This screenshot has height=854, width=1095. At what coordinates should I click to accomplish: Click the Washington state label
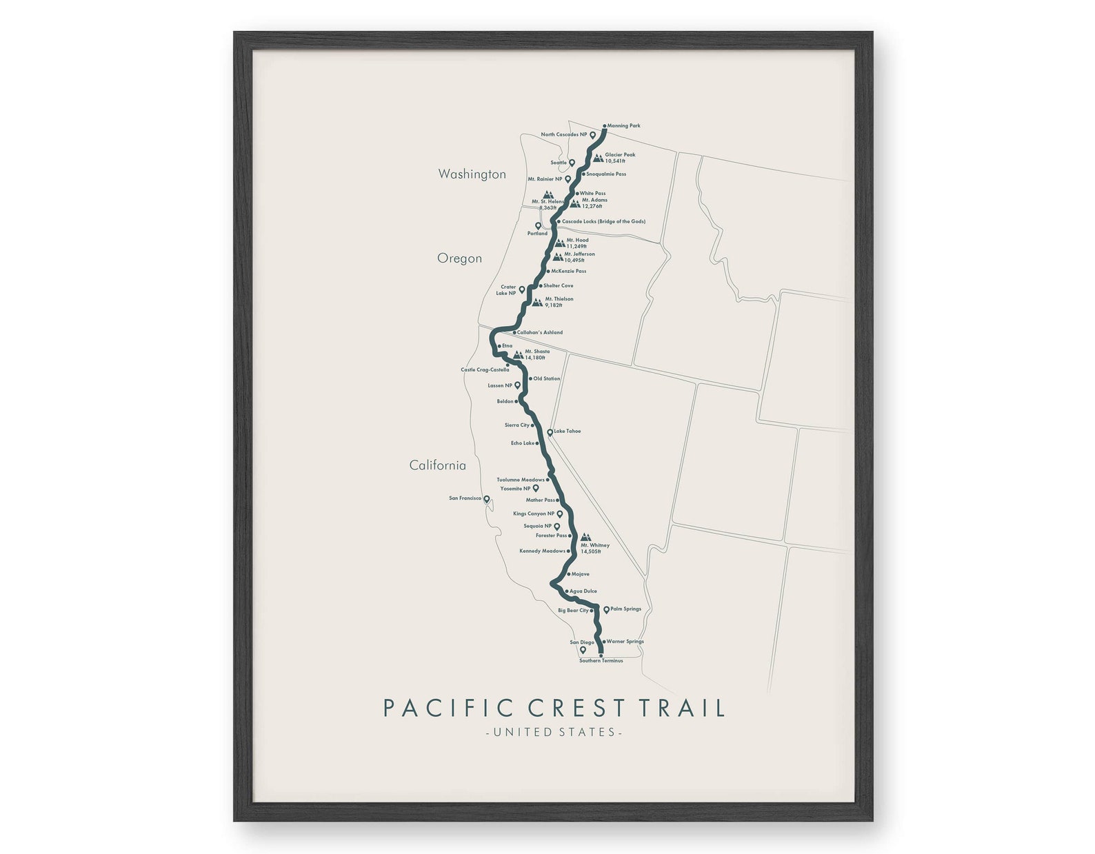click(x=472, y=174)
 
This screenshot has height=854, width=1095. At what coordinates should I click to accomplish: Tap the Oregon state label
click(x=459, y=258)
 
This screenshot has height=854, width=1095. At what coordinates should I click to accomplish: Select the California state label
click(x=437, y=465)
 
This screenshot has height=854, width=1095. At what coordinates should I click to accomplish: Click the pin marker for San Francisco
click(x=486, y=499)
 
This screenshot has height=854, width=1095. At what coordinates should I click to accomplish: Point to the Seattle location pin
click(x=572, y=163)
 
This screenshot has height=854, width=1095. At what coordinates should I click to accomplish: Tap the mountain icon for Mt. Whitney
click(x=585, y=537)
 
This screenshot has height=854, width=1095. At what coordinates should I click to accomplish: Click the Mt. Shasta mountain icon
click(x=518, y=354)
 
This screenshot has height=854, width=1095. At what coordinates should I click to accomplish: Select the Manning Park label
click(x=623, y=126)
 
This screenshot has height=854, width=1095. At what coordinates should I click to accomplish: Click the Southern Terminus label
click(x=601, y=661)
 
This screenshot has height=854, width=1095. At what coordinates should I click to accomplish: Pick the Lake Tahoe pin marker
click(x=550, y=432)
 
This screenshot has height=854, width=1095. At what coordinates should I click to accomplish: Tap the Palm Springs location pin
click(x=606, y=609)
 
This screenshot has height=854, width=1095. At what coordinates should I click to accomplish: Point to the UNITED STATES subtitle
click(x=554, y=732)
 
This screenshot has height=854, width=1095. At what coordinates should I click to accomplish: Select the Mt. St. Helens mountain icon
click(x=548, y=195)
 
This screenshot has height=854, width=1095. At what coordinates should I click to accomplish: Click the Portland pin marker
click(x=538, y=225)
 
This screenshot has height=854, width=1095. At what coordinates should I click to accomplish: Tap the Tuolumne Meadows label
click(x=521, y=480)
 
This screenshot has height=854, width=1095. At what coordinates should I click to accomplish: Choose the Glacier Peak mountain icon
click(x=598, y=158)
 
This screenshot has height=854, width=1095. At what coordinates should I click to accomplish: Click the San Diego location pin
click(x=583, y=649)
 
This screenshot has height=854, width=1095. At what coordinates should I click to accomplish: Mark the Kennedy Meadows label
click(x=542, y=551)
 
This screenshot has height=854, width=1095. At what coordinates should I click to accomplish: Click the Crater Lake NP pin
click(x=522, y=289)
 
